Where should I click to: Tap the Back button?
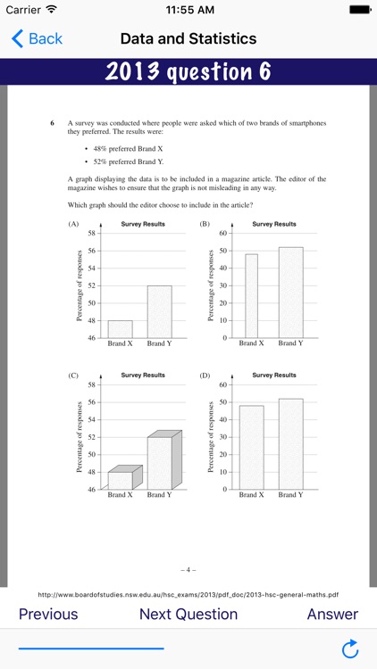coord(37,38)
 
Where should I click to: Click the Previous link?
coord(48,614)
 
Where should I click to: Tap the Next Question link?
coord(188,614)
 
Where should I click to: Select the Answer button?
coord(332,614)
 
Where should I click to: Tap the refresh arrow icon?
coord(350,647)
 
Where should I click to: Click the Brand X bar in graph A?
coord(120,329)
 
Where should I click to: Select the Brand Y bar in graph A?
coord(159,311)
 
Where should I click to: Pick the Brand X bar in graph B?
coord(251,296)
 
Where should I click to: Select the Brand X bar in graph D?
coord(251,447)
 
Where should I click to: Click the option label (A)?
coord(73,224)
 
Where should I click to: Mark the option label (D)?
coord(205,376)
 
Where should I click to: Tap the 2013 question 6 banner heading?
coord(188,72)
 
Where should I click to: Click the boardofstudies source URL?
coord(188,593)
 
